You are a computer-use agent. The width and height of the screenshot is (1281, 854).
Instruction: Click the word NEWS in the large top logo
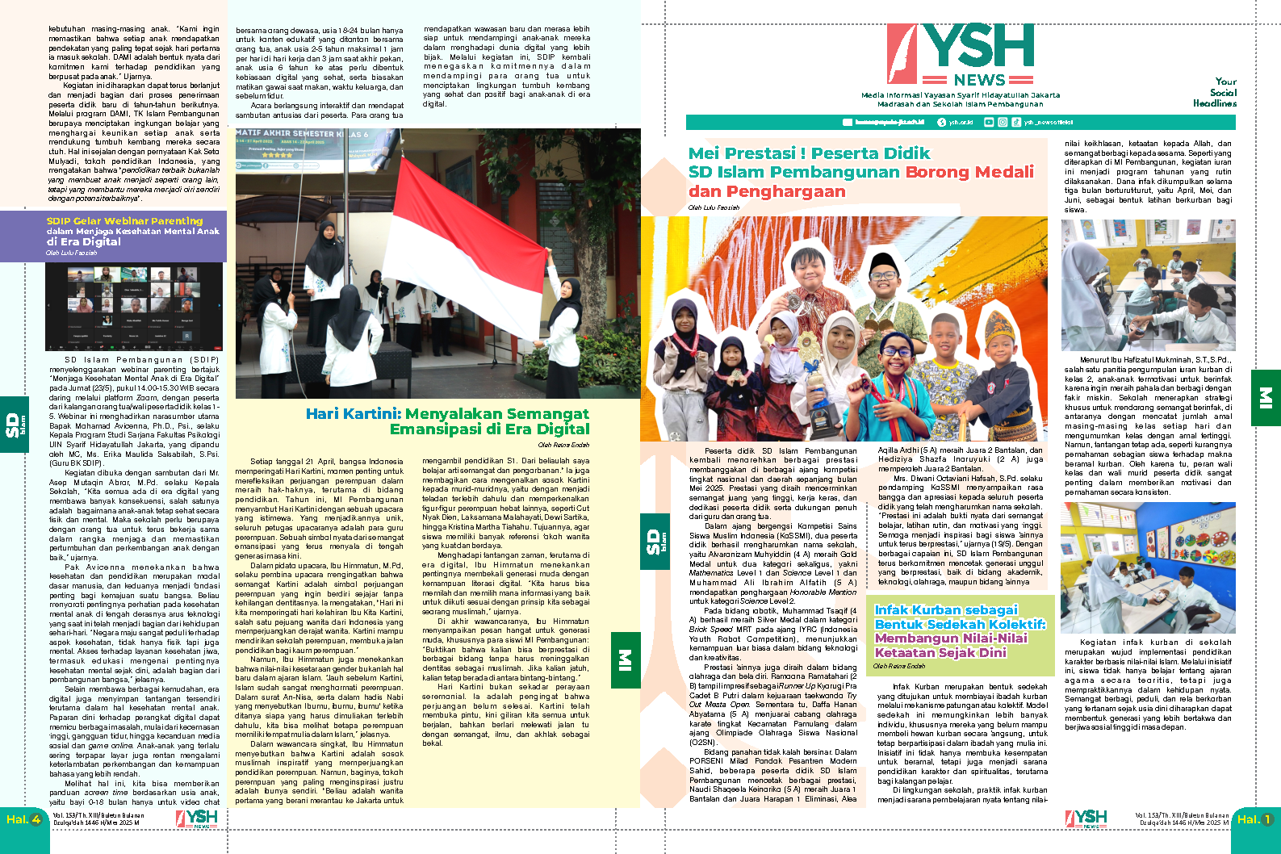[x=979, y=80]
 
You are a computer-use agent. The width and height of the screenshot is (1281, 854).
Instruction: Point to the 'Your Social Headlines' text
[x=1216, y=92]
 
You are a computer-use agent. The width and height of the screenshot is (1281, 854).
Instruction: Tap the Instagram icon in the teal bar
[x=1003, y=122]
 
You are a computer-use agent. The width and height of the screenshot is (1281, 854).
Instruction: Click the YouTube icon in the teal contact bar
[x=991, y=122]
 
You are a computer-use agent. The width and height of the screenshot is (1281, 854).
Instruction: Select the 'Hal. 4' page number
[x=23, y=819]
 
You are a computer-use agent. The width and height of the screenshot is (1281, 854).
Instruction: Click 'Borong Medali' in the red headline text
[x=969, y=172]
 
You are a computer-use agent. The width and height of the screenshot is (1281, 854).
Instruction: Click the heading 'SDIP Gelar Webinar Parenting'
[x=124, y=220]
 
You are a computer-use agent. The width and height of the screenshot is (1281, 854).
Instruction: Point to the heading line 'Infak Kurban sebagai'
[x=946, y=610]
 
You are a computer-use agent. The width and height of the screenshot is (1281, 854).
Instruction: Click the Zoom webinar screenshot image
[x=134, y=306]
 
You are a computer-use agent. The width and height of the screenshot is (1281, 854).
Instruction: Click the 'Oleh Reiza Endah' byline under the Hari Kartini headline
[x=563, y=445]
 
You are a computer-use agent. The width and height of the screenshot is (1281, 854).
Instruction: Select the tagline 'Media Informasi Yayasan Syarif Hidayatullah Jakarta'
[x=960, y=95]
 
